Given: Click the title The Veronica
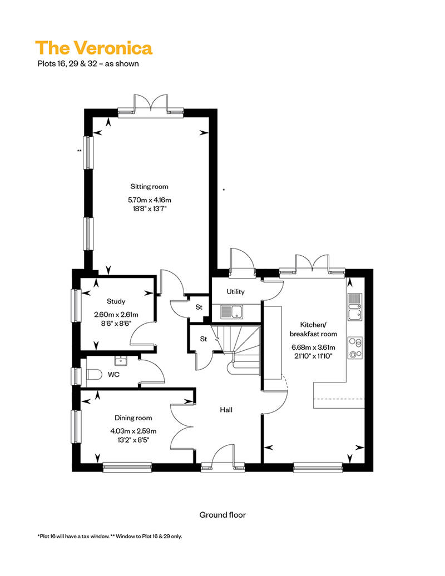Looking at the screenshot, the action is pyautogui.click(x=93, y=48).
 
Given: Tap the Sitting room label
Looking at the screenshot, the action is pyautogui.click(x=149, y=187).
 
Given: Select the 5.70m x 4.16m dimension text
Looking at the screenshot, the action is pyautogui.click(x=150, y=200).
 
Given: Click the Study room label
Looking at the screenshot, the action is pyautogui.click(x=116, y=301).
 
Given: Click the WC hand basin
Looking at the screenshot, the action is pyautogui.click(x=120, y=361).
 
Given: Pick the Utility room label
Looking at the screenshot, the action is pyautogui.click(x=235, y=292).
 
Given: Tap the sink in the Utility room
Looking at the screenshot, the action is pyautogui.click(x=232, y=312).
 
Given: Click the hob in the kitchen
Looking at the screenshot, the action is pyautogui.click(x=355, y=348).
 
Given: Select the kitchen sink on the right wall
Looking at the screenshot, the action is pyautogui.click(x=355, y=307).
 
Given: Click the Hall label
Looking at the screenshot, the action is pyautogui.click(x=226, y=410).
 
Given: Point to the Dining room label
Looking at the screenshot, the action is pyautogui.click(x=133, y=418).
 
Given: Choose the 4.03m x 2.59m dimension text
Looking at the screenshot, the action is pyautogui.click(x=133, y=431).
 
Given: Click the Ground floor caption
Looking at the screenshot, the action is pyautogui.click(x=222, y=515).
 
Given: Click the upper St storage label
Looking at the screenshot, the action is pyautogui.click(x=199, y=307).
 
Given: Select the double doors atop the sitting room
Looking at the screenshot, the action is pyautogui.click(x=151, y=105).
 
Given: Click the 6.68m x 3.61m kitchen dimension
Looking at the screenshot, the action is pyautogui.click(x=314, y=347).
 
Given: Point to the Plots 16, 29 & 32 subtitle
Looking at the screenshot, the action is pyautogui.click(x=88, y=63).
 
